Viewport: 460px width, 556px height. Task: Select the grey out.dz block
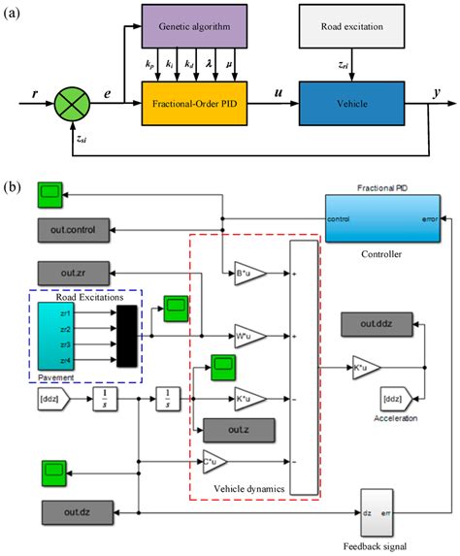pyautogui.click(x=75, y=511)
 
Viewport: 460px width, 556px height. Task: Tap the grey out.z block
pyautogui.click(x=238, y=428)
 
